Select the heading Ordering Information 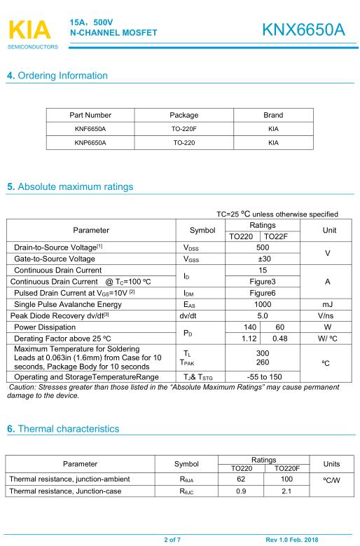coord(58,76)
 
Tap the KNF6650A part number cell coord(90,128)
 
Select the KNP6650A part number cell coord(90,142)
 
